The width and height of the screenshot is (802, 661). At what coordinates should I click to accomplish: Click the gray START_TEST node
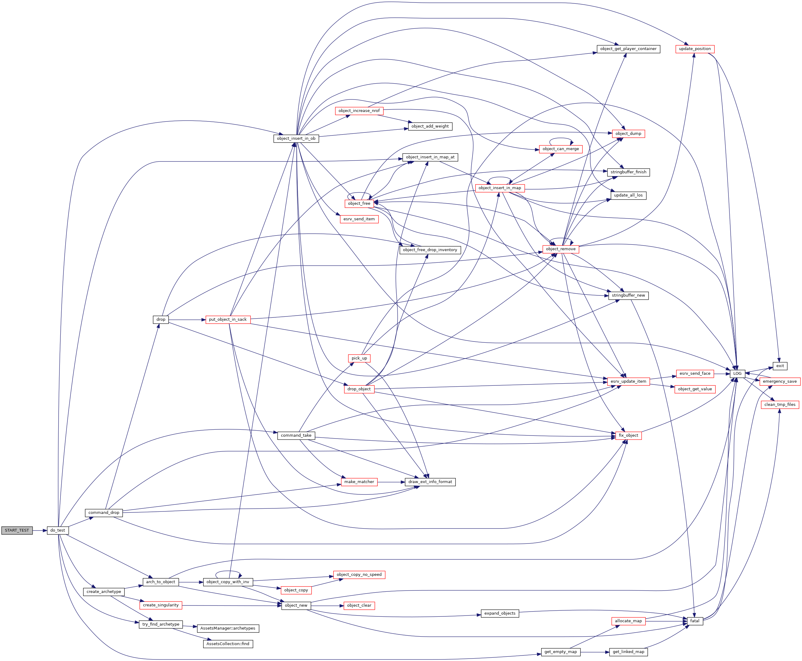[x=17, y=530]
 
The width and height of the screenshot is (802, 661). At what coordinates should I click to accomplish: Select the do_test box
[x=58, y=530]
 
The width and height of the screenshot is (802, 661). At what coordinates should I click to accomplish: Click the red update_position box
[x=695, y=49]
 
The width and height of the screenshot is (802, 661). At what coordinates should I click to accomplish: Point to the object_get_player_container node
[x=628, y=49]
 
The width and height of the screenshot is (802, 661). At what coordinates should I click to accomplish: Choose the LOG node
[x=737, y=374]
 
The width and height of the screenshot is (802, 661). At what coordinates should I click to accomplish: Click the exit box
[x=780, y=366]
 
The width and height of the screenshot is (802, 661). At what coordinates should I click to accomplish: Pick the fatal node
[x=695, y=621]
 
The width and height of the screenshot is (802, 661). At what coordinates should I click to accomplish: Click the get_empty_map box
[x=560, y=652]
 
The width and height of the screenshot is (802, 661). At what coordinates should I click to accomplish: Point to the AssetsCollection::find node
[x=228, y=644]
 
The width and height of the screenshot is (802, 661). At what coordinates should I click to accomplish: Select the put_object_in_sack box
[x=228, y=320]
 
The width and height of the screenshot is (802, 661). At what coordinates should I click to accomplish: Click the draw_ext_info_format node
[x=430, y=482]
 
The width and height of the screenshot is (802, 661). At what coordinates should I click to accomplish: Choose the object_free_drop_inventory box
[x=430, y=250]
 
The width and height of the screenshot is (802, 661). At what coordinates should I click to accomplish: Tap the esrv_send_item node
[x=359, y=219]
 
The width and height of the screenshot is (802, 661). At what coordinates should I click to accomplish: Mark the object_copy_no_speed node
[x=359, y=575]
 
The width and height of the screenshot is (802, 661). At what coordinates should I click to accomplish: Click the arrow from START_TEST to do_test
[x=40, y=530]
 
